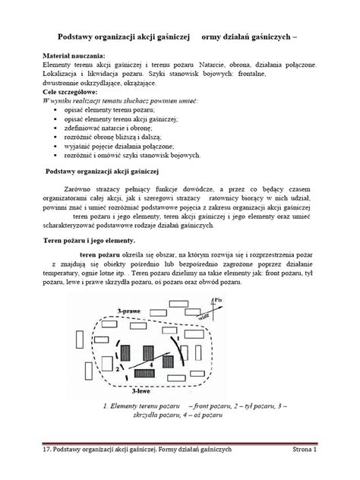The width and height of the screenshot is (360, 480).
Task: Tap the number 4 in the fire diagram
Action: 151,365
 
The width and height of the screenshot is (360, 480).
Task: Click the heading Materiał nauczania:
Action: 74,57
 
